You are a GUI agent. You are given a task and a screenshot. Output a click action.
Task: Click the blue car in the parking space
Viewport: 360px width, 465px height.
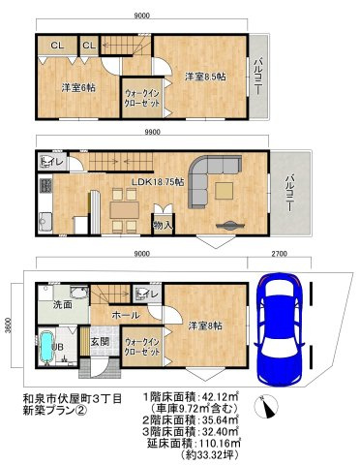tap(280, 329)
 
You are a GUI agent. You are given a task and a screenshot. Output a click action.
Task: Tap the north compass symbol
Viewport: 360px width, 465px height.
tap(266, 406)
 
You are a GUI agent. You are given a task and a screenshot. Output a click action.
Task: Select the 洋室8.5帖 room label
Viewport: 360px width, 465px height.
tap(205, 77)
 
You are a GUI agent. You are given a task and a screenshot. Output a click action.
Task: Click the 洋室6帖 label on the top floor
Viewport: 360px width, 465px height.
tap(78, 88)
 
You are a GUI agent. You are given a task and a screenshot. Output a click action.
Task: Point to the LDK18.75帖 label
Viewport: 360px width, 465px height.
tap(158, 182)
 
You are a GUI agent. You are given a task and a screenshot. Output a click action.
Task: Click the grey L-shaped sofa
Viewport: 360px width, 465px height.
tap(214, 181)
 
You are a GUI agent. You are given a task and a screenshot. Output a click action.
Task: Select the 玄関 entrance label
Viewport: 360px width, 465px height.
tap(100, 341)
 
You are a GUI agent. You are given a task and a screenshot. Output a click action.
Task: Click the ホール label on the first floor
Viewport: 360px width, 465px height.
tap(126, 315)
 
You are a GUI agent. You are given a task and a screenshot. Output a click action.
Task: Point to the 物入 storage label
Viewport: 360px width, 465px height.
tap(164, 225)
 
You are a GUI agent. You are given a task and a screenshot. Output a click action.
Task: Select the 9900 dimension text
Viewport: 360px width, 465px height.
tap(152, 132)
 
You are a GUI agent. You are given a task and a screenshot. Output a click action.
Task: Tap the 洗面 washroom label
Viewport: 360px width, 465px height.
tap(63, 304)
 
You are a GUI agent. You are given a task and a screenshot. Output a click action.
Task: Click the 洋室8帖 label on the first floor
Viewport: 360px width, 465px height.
tap(205, 325)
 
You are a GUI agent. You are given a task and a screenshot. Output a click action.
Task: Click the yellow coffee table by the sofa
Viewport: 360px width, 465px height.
tap(225, 191)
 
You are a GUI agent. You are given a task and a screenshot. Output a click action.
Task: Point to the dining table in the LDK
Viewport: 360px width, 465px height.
tap(125, 210)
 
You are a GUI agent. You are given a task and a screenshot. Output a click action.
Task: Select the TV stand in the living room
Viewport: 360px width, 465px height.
tap(229, 225)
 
